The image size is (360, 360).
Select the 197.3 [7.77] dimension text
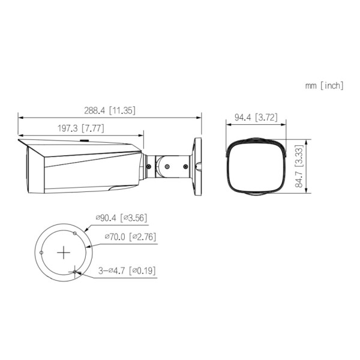tap(82, 128)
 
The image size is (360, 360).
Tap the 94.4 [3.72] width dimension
tap(256, 118)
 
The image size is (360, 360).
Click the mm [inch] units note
tap(324, 86)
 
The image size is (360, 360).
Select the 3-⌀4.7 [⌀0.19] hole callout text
tap(127, 271)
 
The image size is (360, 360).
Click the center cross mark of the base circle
tap(64, 253)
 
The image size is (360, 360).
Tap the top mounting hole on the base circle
tap(74, 232)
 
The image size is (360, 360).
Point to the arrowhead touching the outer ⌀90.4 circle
tap(88, 230)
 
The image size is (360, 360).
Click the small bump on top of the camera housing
tap(84, 142)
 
